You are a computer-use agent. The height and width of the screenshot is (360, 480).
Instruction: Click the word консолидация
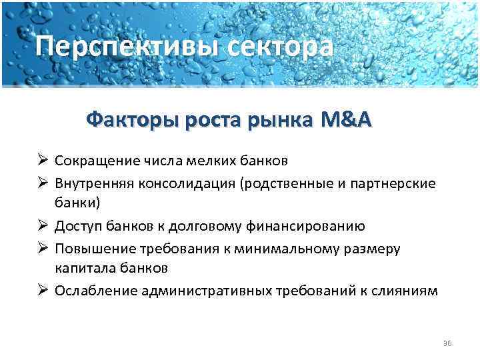[x=185, y=182]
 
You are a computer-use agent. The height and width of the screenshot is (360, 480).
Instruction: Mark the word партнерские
[x=397, y=182]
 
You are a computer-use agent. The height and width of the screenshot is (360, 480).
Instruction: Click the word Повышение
[x=92, y=247]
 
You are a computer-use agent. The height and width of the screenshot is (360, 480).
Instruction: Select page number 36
[x=447, y=343]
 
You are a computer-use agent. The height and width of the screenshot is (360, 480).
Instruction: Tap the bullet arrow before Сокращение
[x=42, y=161]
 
